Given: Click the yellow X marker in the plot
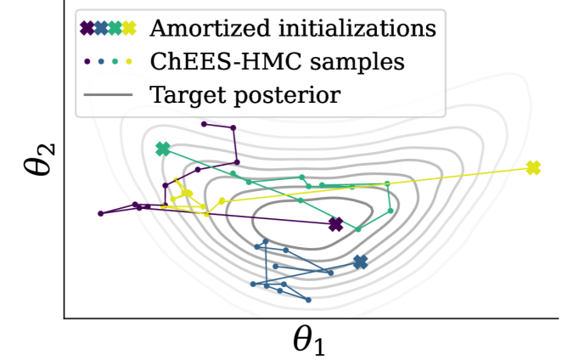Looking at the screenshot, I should pos(533,168).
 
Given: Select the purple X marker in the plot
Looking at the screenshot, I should pos(336,224).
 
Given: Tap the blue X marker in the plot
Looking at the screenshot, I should pos(361,262).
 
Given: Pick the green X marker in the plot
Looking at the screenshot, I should pos(163,149).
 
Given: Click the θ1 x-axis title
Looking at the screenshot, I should pos(309,340).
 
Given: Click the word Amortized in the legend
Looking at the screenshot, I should pos(203,29).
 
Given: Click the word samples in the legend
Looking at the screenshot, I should pos(356,61).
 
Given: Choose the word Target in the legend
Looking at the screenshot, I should pos(185,93).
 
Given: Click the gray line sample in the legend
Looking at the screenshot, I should pos(108,93).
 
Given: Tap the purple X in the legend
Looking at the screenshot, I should pos(87,29).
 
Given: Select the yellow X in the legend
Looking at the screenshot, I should pos(129,29).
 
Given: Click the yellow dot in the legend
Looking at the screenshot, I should pos(129,61).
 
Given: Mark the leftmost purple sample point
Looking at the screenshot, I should pos(100,213).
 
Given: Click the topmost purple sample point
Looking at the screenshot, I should pos(204,124).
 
